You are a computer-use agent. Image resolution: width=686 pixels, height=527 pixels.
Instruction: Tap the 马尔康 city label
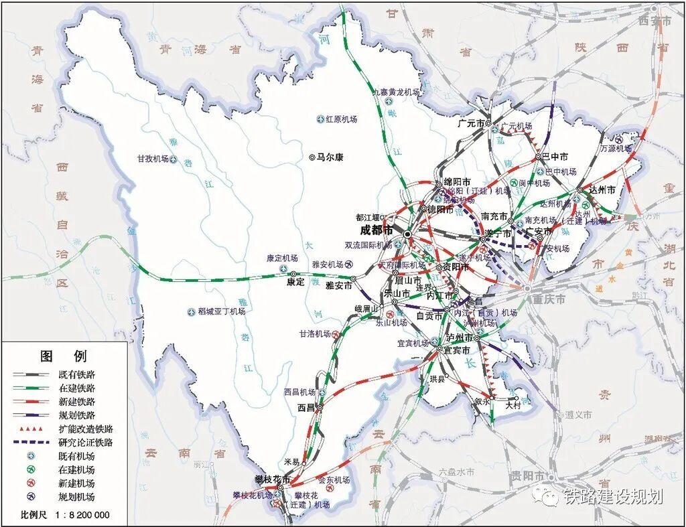pyautogui.click(x=330, y=157)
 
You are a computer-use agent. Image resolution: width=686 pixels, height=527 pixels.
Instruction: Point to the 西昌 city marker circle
pyautogui.click(x=320, y=407)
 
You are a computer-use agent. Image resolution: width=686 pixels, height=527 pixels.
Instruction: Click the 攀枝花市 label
pyautogui.click(x=273, y=479)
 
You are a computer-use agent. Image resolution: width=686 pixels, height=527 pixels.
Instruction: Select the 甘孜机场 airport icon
pyautogui.click(x=174, y=159)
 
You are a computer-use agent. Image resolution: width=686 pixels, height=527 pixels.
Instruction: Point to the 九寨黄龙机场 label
pyautogui.click(x=396, y=92)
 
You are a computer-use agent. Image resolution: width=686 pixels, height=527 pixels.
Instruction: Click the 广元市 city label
pyautogui.click(x=471, y=123)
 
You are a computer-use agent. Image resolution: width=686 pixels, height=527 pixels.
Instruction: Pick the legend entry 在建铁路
pyautogui.click(x=77, y=388)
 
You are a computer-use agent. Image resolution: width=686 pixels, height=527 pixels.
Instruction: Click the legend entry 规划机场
pyautogui.click(x=77, y=497)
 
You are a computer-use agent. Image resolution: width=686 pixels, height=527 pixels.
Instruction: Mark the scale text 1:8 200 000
pyautogui.click(x=80, y=515)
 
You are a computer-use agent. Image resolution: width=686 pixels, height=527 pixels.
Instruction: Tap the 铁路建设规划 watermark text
pyautogui.click(x=612, y=496)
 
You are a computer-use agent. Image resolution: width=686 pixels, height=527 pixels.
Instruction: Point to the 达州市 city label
pyautogui.click(x=602, y=190)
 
